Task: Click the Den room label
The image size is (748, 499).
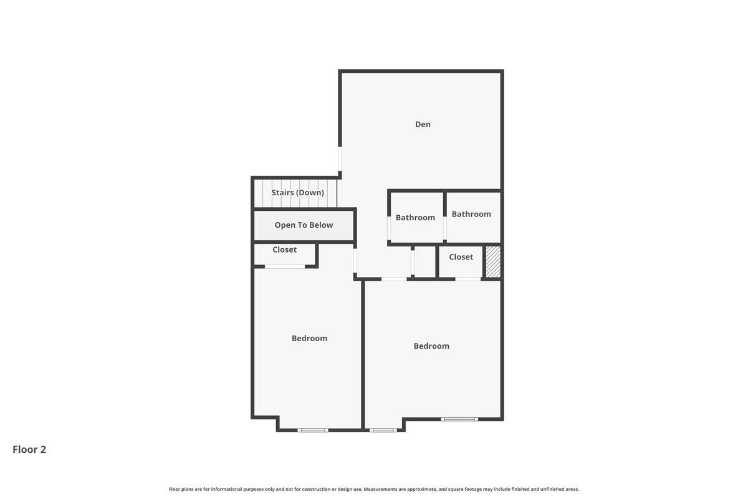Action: pos(423,124)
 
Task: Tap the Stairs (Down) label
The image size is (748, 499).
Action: pos(297,193)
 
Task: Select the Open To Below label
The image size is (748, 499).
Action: pos(304,225)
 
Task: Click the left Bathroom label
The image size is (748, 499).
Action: pos(415,218)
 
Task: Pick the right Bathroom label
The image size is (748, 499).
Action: pos(471,214)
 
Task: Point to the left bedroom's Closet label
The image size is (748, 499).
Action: pos(284,249)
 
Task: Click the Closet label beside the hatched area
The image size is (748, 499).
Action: pos(461,257)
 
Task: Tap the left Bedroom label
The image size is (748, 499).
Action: pos(309,338)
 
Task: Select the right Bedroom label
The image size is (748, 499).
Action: pos(431,346)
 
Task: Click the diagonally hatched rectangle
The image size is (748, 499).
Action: pos(493,262)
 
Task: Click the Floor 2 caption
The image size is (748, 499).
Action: pos(29,450)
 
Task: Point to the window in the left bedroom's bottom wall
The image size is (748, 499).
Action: pos(313,430)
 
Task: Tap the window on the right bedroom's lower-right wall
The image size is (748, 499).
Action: pos(459,419)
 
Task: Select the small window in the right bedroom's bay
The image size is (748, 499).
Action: pos(383,430)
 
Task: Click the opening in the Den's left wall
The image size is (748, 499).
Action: pos(340,159)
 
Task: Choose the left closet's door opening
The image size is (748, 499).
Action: pos(285,266)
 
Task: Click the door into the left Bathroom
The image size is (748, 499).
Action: pos(389,228)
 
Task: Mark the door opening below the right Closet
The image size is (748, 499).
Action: pos(468,279)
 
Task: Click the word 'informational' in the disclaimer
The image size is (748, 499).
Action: pos(226,489)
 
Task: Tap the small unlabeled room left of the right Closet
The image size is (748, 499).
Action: pos(424,262)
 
